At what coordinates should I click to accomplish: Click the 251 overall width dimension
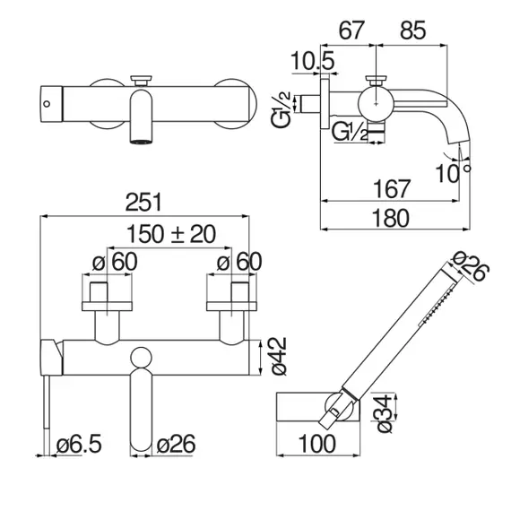click(143, 203)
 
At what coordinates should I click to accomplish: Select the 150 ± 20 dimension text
click(171, 234)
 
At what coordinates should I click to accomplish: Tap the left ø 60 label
click(115, 262)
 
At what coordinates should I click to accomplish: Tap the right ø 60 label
click(239, 262)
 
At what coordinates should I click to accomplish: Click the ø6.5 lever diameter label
click(79, 444)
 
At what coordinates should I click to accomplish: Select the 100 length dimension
click(316, 444)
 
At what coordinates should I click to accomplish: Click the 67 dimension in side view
click(351, 30)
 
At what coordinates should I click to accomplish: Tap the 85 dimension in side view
click(412, 30)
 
